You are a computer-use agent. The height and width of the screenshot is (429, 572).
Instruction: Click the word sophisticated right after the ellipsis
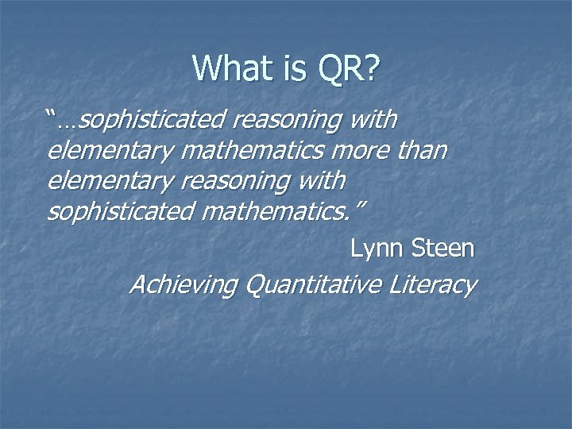pos(153,121)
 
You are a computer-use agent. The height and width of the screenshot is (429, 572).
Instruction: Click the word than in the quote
pos(420,151)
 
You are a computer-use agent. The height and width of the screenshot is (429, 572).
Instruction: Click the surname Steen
pos(443,249)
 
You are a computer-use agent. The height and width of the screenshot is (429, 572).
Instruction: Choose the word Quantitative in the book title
pos(315,284)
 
